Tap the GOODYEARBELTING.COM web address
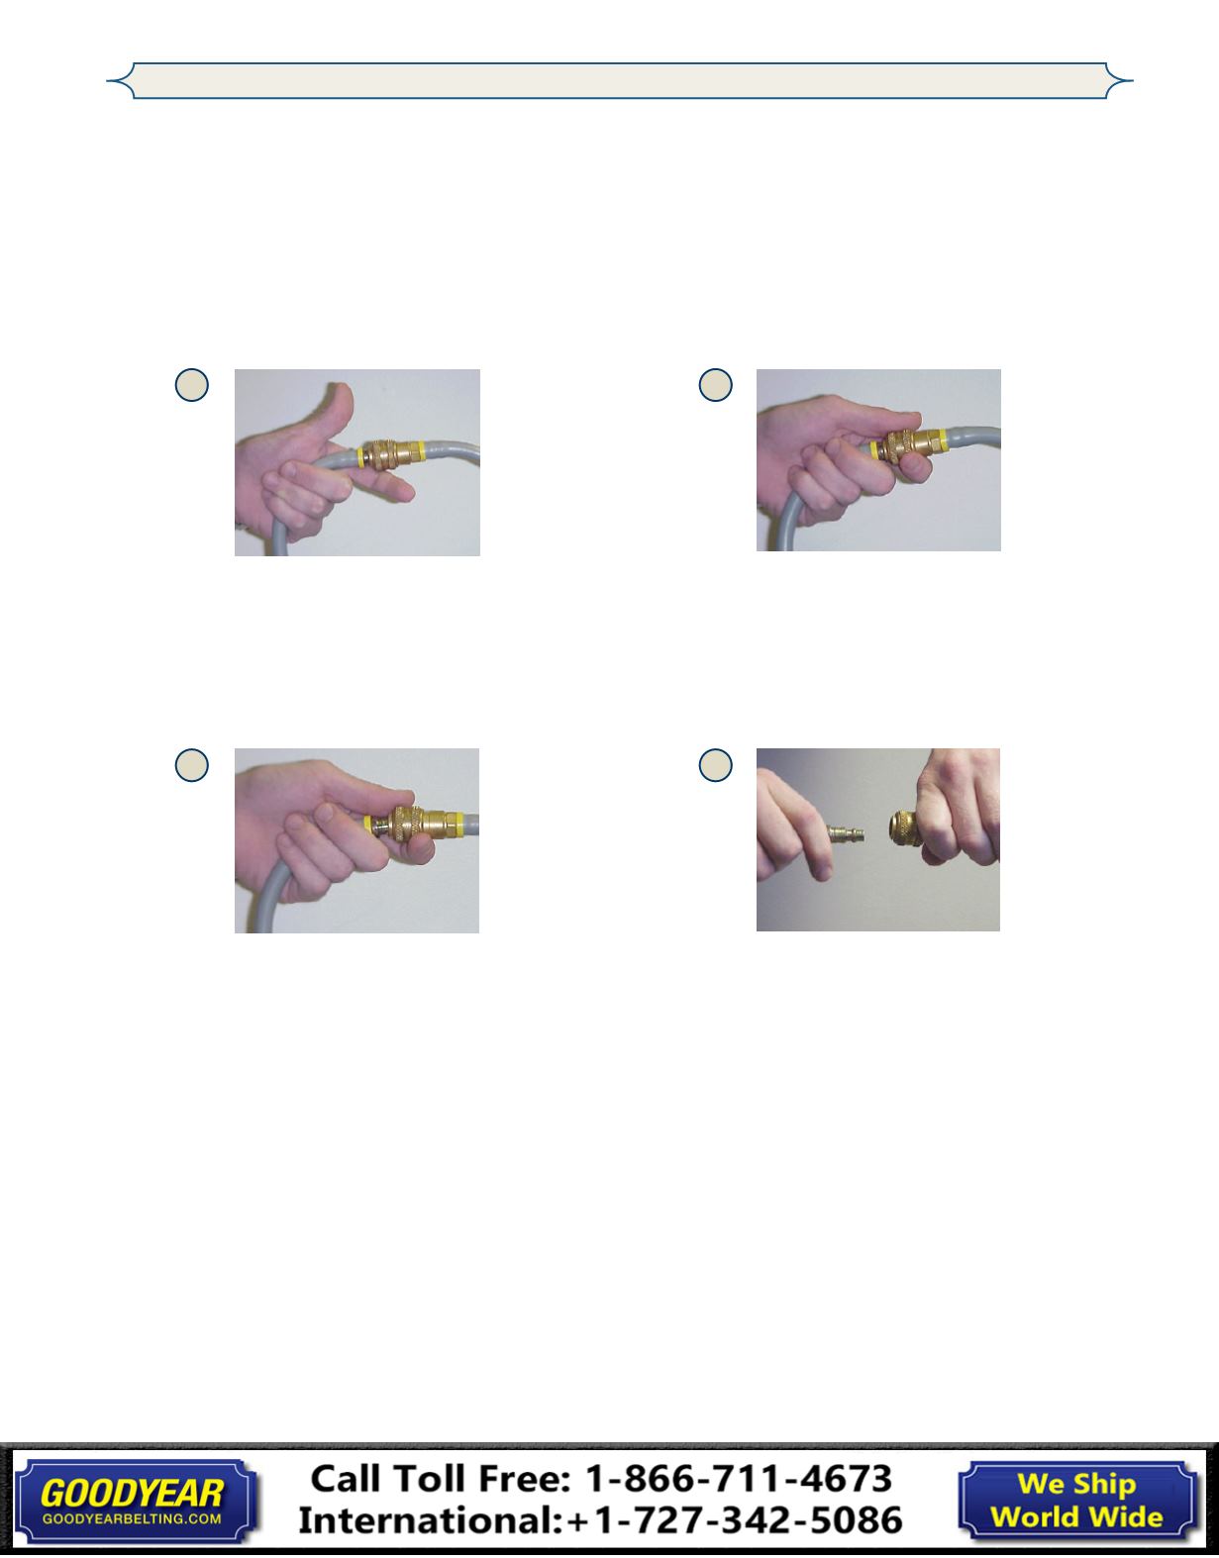[x=132, y=1518]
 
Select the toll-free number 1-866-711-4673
[x=739, y=1479]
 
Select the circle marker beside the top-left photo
[x=192, y=385]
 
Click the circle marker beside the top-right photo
[x=716, y=385]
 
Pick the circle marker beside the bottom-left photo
[x=192, y=765]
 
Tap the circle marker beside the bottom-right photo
[x=716, y=765]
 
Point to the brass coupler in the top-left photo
[x=394, y=454]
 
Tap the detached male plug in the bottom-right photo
[x=846, y=833]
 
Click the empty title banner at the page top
[x=620, y=80]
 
